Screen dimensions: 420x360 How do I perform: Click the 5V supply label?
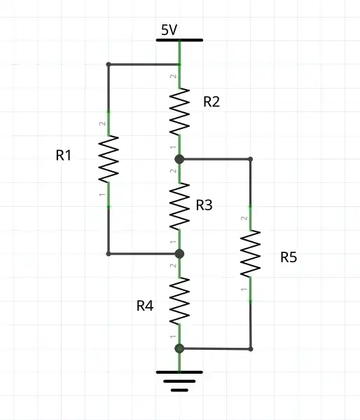pyautogui.click(x=169, y=30)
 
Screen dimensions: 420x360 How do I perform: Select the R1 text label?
pyautogui.click(x=64, y=156)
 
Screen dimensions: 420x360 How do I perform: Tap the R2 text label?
pyautogui.click(x=212, y=102)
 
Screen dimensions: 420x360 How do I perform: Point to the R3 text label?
pyautogui.click(x=204, y=205)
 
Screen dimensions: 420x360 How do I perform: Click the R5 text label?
pyautogui.click(x=289, y=257)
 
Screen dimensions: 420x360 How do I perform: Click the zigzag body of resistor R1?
pyautogui.click(x=109, y=158)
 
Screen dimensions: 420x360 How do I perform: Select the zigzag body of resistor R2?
pyautogui.click(x=180, y=111)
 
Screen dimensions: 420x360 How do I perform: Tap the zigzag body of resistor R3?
pyautogui.click(x=180, y=206)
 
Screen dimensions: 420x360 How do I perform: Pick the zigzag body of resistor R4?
pyautogui.click(x=180, y=301)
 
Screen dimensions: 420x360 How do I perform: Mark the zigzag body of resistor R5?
pyautogui.click(x=251, y=254)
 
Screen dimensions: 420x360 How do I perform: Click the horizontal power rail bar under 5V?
pyautogui.click(x=180, y=40)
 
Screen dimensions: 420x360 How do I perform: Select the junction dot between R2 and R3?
pyautogui.click(x=180, y=159)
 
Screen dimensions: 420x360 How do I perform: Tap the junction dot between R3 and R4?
pyautogui.click(x=180, y=254)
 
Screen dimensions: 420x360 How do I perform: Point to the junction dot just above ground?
pyautogui.click(x=180, y=348)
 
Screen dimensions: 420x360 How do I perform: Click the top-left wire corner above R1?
pyautogui.click(x=109, y=65)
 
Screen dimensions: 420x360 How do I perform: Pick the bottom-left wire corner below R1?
pyautogui.click(x=109, y=254)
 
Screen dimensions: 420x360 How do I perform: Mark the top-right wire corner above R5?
pyautogui.click(x=251, y=159)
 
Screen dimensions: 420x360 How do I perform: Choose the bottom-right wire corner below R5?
pyautogui.click(x=251, y=348)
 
